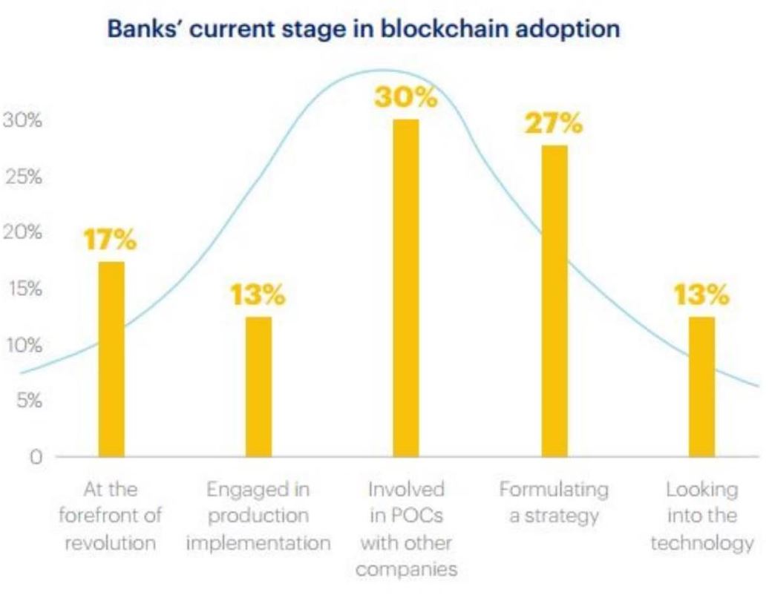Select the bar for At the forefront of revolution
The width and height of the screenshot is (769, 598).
pos(111,359)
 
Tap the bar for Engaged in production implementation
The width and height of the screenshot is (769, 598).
pos(259,386)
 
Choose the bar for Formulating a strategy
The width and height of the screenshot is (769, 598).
pos(554,300)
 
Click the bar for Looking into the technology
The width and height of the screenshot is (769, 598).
pos(701,386)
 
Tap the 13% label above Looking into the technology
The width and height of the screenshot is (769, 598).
pos(701,297)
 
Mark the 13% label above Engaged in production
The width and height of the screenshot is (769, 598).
pos(258,297)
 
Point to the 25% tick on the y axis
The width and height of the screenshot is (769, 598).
pos(22,177)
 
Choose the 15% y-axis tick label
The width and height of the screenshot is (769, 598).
pos(22,289)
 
